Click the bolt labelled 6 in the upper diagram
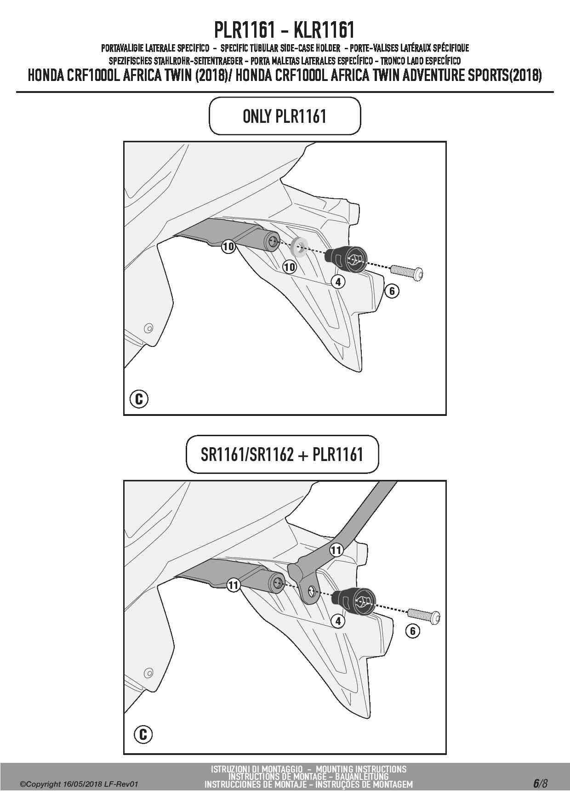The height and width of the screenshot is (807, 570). click(x=407, y=271)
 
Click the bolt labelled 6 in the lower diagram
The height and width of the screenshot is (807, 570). click(x=424, y=614)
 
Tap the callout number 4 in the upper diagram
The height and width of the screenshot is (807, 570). click(x=338, y=282)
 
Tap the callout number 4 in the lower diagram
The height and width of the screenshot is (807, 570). click(x=338, y=621)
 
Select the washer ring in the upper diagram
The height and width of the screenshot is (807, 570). click(x=300, y=245)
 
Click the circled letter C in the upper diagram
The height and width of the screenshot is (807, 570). click(x=139, y=398)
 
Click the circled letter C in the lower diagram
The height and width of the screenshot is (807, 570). click(x=143, y=734)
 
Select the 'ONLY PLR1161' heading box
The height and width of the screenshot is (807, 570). click(x=285, y=116)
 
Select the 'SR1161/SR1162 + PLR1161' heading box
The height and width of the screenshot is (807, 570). click(x=282, y=455)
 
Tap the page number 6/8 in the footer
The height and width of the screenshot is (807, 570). click(x=540, y=783)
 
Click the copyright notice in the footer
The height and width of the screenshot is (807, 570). click(x=79, y=784)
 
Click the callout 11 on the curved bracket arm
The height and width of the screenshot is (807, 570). click(x=336, y=550)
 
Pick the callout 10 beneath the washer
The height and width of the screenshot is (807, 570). click(x=289, y=266)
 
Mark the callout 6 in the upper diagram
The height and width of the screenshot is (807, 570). click(x=392, y=291)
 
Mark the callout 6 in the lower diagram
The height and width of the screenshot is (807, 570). click(x=412, y=631)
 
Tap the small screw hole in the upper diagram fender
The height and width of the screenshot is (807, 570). click(x=148, y=329)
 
